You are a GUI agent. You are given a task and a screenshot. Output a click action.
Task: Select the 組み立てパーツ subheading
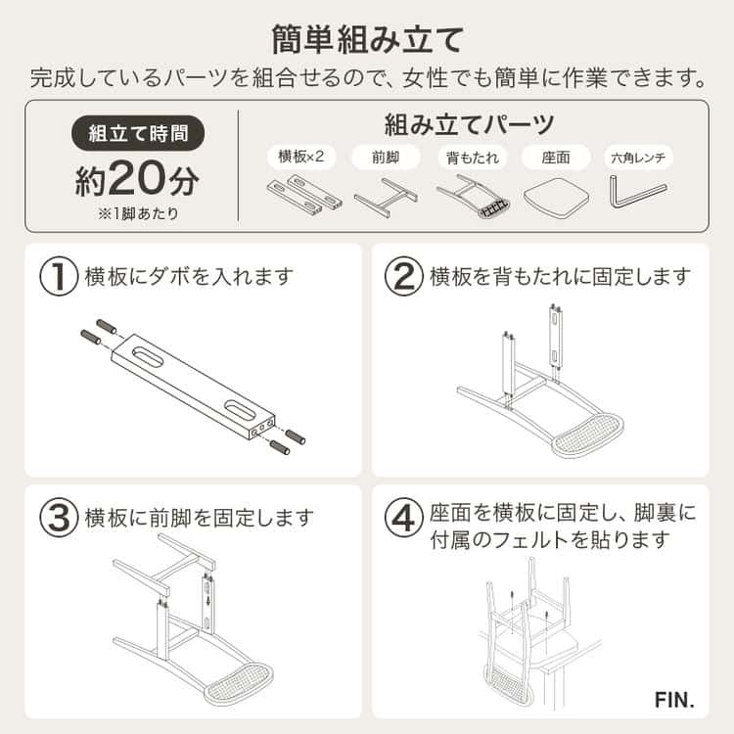pyautogui.click(x=469, y=124)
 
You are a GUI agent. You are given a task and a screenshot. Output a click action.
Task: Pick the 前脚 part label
pyautogui.click(x=386, y=157)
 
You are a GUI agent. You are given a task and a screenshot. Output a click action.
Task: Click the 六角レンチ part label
pyautogui.click(x=640, y=157)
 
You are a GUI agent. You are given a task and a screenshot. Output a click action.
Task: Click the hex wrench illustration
pyautogui.click(x=637, y=191)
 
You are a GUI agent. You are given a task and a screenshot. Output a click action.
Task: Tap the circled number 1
pyautogui.click(x=59, y=277)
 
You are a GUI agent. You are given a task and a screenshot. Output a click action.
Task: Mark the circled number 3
pyautogui.click(x=59, y=516)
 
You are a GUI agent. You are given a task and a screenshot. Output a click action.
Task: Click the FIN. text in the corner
pyautogui.click(x=674, y=701)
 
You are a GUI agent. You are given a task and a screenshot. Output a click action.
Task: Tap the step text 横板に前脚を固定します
pyautogui.click(x=200, y=516)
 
